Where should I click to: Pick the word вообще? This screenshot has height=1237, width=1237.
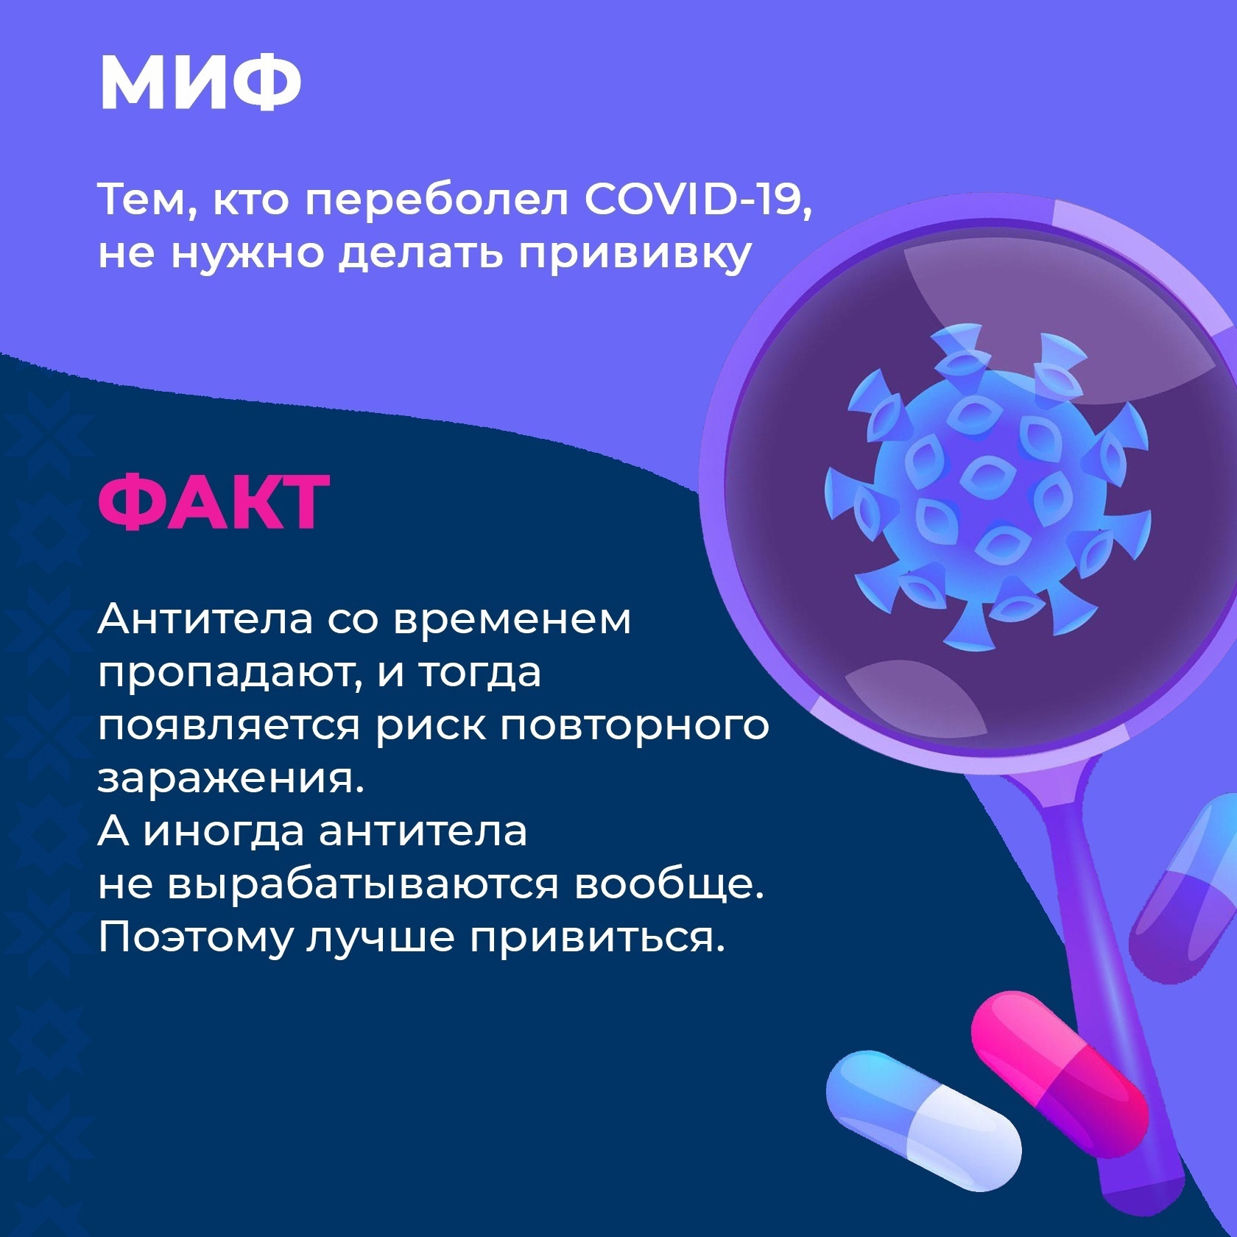(666, 885)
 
